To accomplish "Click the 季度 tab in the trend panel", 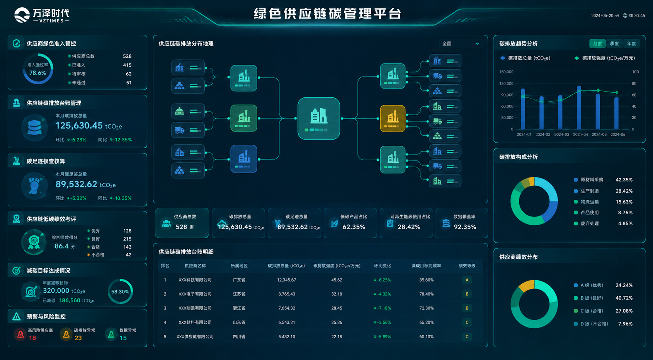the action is (614, 43).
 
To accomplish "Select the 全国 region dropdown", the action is (461, 43).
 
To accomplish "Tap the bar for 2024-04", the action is (579, 107).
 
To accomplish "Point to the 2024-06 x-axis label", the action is (618, 135).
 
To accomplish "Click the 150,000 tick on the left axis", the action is (507, 72).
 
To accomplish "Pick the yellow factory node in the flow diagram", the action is (393, 118).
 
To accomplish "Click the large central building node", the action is (319, 118).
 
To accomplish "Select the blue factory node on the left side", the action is (244, 159).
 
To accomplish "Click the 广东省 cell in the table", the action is (239, 280).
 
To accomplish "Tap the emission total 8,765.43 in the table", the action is (287, 294).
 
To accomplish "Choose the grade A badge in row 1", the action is (467, 280).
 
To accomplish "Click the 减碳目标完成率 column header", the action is (426, 266).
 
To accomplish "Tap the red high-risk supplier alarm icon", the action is (20, 334).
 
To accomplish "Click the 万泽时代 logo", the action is (42, 15).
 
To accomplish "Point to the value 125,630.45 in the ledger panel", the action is (79, 126).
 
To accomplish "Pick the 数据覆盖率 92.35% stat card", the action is (461, 223).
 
